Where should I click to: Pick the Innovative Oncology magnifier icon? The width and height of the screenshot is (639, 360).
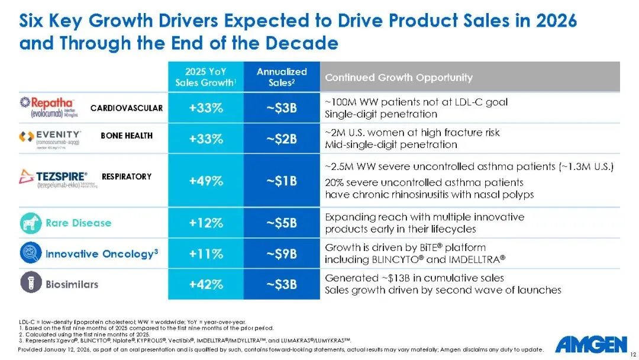[x=30, y=253]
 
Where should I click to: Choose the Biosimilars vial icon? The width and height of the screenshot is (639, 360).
[x=30, y=284]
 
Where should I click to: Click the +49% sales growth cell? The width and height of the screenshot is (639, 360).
[x=206, y=181]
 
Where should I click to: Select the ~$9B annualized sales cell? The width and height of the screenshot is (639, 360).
[x=282, y=253]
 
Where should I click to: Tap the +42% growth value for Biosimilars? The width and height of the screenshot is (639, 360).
[x=206, y=284]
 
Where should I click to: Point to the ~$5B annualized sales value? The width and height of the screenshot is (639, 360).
[x=282, y=223]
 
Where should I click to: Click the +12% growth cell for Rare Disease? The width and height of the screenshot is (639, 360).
[x=206, y=223]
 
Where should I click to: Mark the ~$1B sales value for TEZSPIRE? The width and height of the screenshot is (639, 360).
[x=282, y=181]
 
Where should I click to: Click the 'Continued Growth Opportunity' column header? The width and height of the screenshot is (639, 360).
[x=399, y=78]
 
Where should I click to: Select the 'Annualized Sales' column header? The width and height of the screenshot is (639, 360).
[x=282, y=77]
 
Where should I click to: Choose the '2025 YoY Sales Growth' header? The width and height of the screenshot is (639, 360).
[x=206, y=77]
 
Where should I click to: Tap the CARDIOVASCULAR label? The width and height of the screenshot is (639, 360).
[x=127, y=108]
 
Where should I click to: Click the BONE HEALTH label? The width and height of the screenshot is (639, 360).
[x=127, y=136]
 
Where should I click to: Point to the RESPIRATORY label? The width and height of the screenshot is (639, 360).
[x=127, y=176]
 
